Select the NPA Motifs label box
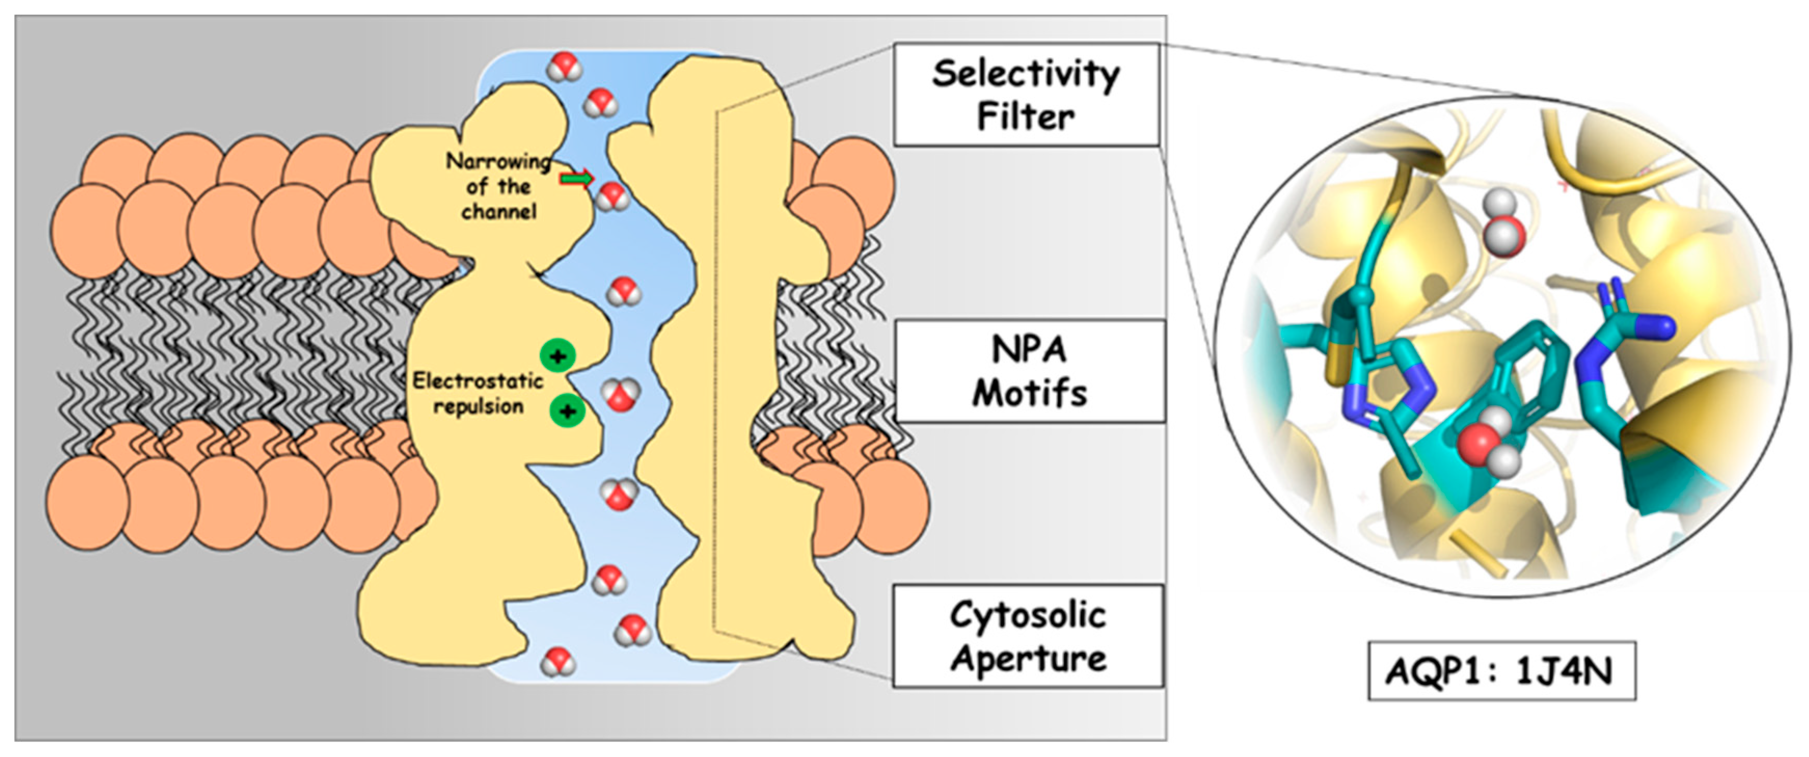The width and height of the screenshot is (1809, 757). (x=1029, y=371)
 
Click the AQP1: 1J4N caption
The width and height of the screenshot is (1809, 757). (x=1501, y=671)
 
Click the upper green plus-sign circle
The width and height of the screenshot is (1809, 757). (x=557, y=356)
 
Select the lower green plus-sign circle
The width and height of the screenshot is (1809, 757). (x=567, y=411)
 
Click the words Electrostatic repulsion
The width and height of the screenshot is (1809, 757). (x=478, y=393)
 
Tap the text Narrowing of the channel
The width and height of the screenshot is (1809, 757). (x=499, y=186)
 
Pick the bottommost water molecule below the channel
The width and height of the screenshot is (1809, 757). (x=557, y=662)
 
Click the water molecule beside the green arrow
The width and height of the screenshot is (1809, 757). (x=613, y=197)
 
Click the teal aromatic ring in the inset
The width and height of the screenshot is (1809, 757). (x=1534, y=365)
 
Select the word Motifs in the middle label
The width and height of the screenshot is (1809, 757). (x=1029, y=393)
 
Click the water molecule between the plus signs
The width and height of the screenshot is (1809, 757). (x=621, y=395)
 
